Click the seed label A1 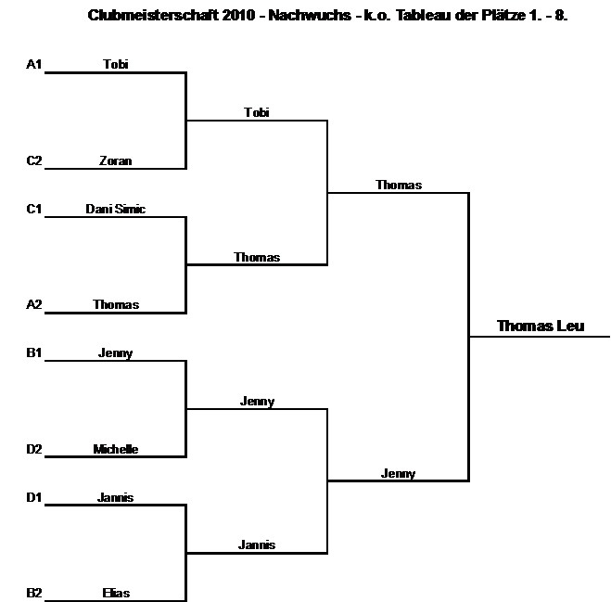click(34, 64)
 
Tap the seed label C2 click(34, 160)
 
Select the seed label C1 click(34, 209)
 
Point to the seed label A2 click(34, 305)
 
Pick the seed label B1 click(34, 353)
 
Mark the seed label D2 click(34, 450)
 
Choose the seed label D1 click(34, 498)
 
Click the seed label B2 click(34, 594)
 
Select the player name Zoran click(116, 160)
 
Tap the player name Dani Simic click(116, 209)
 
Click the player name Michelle click(116, 450)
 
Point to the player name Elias click(116, 594)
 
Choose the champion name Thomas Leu click(541, 326)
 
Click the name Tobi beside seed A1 click(116, 64)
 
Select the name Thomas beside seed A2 click(116, 305)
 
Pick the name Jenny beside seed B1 click(116, 353)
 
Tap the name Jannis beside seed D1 click(116, 498)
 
